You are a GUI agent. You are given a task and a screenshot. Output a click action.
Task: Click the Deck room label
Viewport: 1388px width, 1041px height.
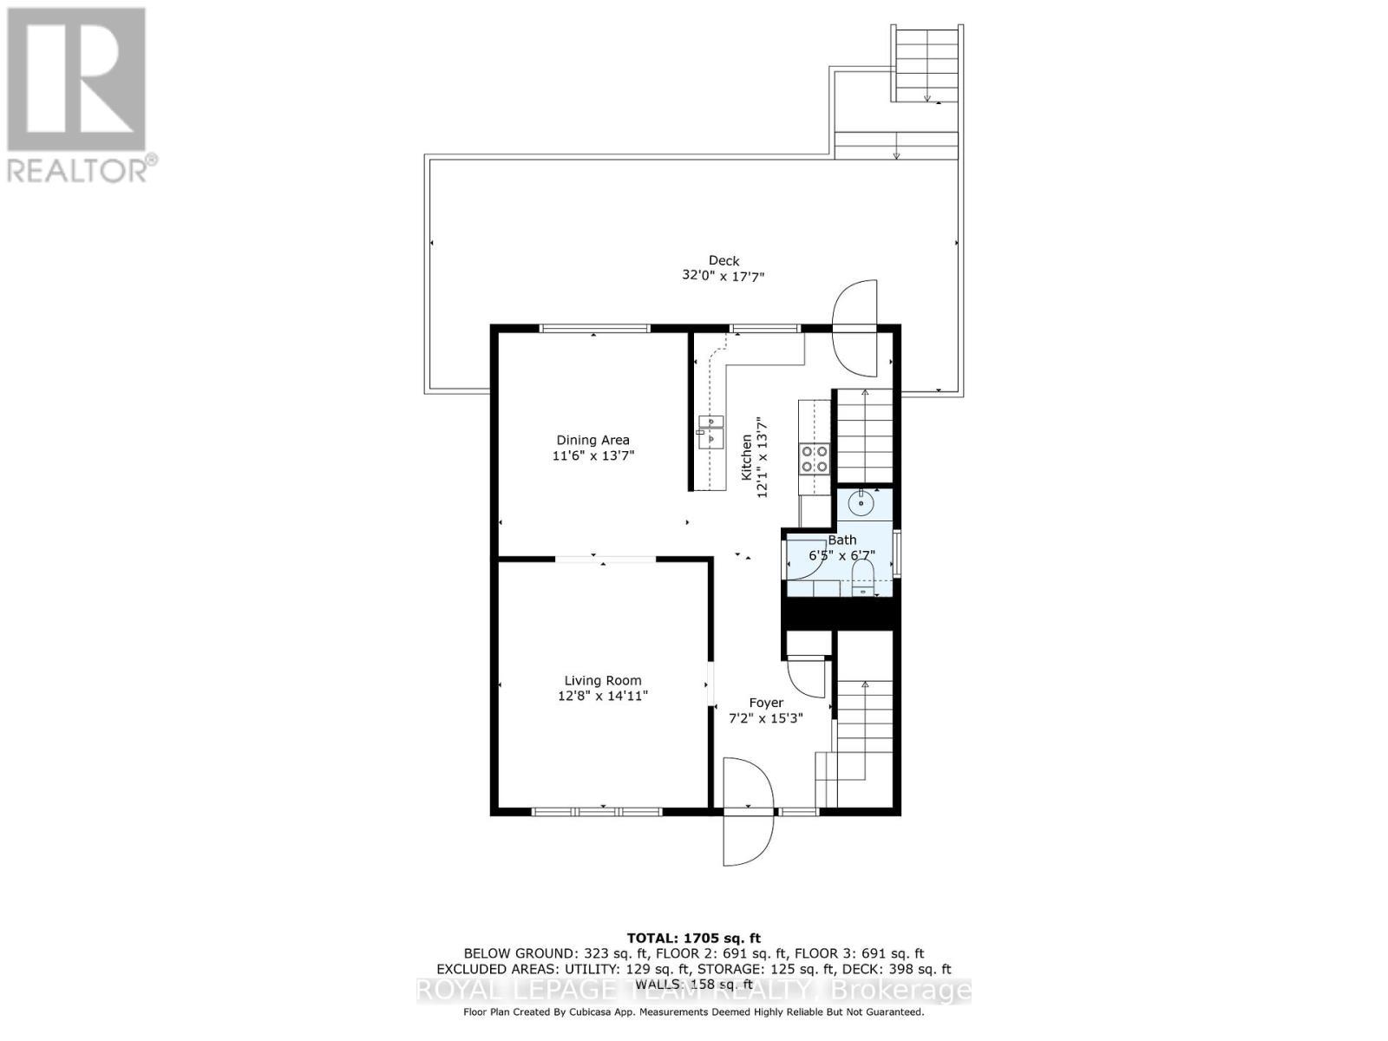[723, 260]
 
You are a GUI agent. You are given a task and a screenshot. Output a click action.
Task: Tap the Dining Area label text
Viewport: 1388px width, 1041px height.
[593, 440]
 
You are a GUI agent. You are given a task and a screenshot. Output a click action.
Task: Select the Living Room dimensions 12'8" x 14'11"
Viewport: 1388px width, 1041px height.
[603, 696]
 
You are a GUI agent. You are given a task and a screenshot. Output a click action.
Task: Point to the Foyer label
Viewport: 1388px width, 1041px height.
[766, 703]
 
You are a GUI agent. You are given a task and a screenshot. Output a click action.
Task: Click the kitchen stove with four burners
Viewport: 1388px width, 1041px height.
[814, 458]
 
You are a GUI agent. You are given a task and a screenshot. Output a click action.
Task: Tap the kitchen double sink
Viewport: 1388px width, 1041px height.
[710, 430]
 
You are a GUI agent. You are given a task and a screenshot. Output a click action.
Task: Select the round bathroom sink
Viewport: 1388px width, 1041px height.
[863, 501]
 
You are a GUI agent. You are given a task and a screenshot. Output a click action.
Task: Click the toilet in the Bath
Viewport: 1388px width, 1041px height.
[862, 576]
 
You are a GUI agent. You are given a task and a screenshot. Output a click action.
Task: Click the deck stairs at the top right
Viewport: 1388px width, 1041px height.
[926, 64]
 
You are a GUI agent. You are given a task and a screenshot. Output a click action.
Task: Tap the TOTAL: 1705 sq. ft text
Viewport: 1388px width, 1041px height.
[693, 938]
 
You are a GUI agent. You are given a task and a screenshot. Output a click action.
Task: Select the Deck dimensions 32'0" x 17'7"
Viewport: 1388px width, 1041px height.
[723, 276]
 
